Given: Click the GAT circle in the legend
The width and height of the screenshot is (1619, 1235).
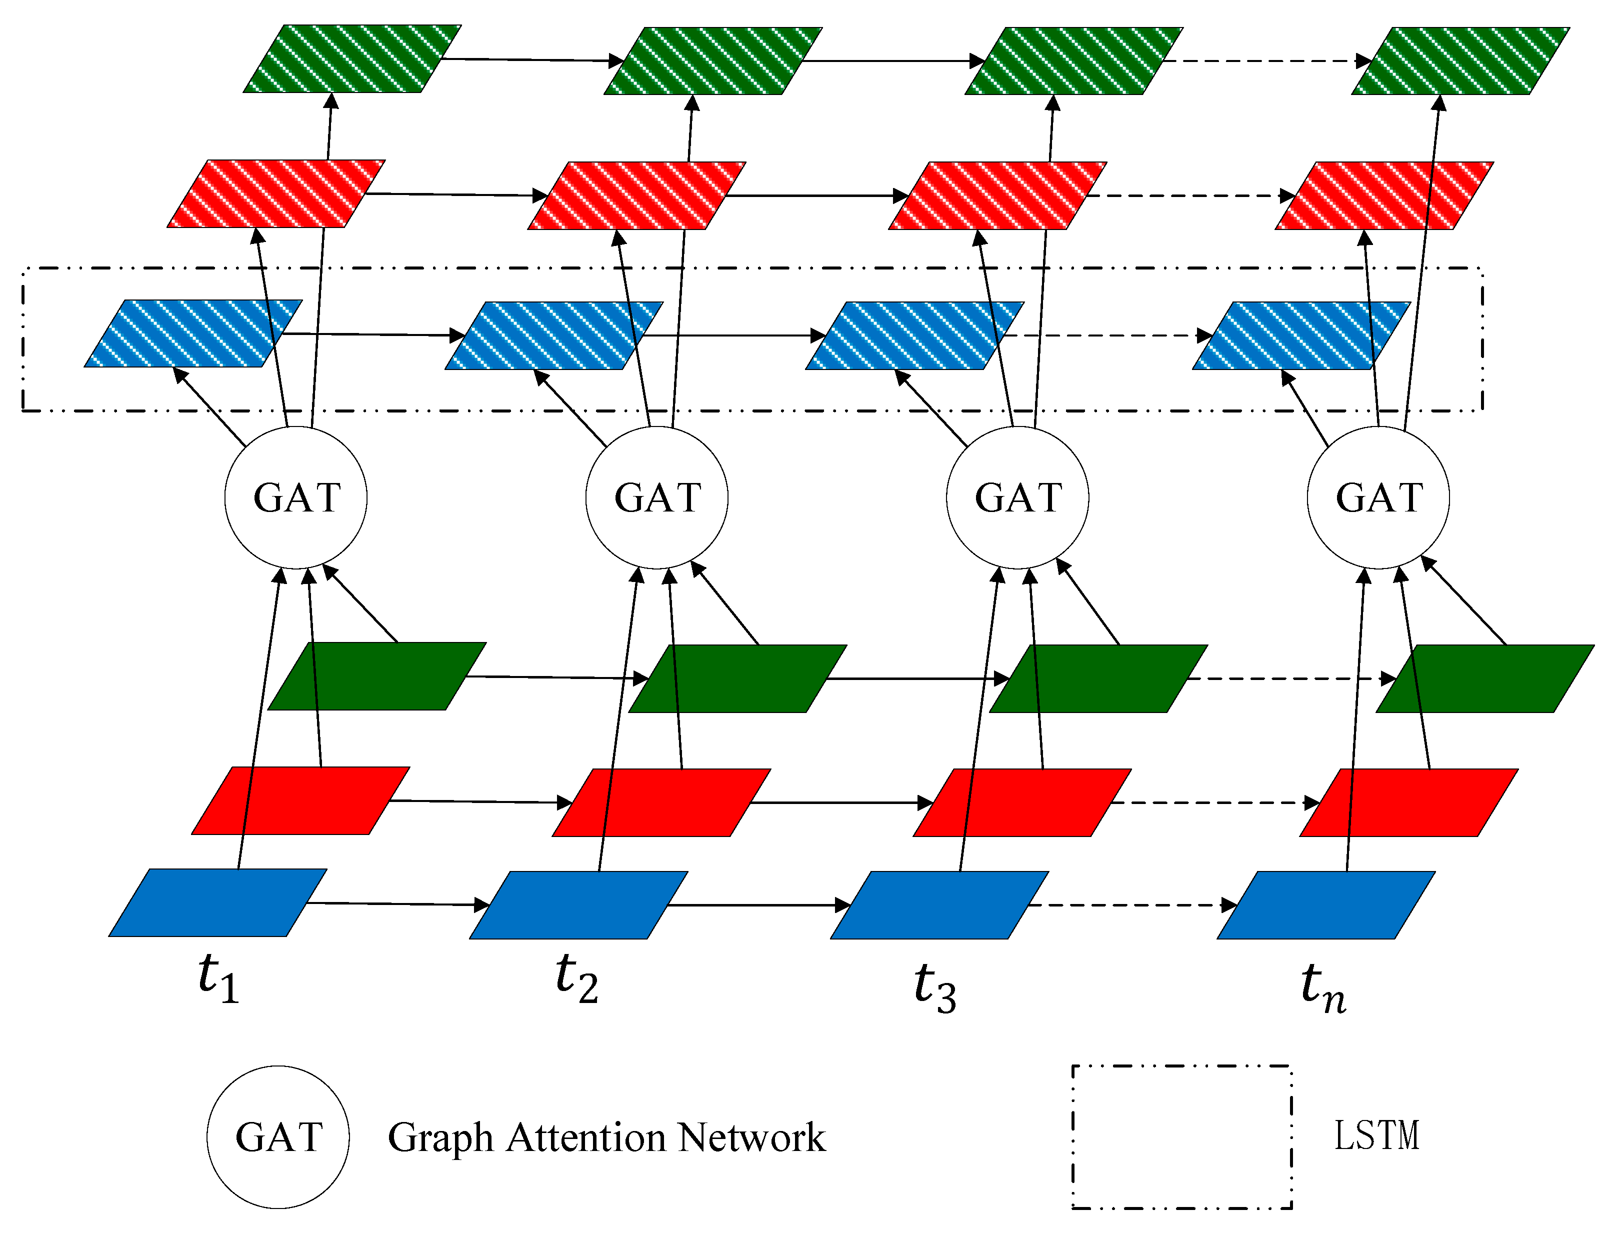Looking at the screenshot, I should [278, 1137].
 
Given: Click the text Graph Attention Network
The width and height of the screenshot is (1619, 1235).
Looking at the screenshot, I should [606, 1138].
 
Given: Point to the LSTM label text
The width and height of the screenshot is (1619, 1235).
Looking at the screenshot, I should [1376, 1136].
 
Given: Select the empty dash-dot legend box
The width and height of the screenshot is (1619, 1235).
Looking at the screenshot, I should [1181, 1136].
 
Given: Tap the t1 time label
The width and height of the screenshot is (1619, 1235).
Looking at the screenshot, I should [218, 977].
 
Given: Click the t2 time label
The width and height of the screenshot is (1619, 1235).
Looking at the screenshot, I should [577, 977].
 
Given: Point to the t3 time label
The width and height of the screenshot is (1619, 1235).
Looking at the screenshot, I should [935, 987].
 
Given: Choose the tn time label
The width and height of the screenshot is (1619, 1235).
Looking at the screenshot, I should [1323, 987].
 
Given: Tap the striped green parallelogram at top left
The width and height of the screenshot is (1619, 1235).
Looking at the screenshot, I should [353, 59].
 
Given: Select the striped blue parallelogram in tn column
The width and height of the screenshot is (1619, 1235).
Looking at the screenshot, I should [1301, 335].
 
